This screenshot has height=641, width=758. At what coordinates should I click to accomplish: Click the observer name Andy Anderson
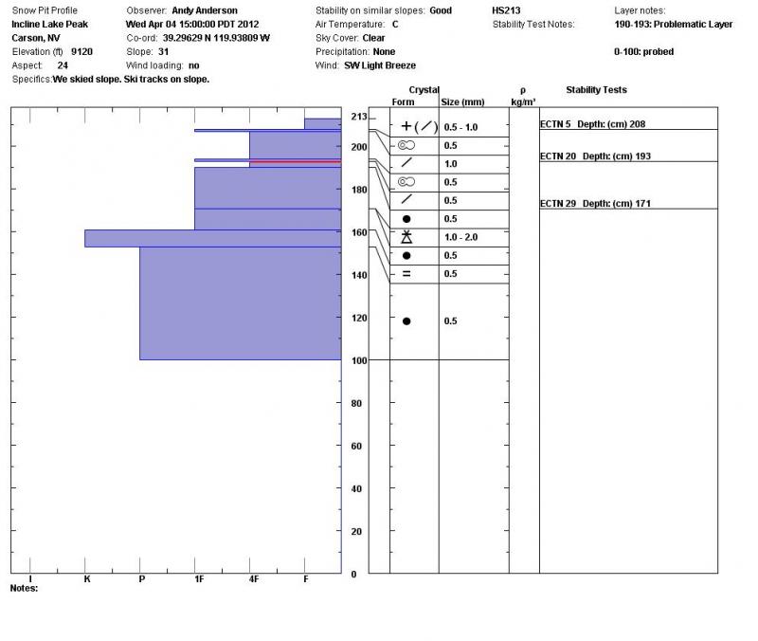(205, 10)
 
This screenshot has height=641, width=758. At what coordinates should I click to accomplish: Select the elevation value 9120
(82, 51)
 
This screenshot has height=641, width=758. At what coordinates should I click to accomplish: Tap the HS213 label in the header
(505, 10)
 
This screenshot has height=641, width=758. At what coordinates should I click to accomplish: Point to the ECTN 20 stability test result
(595, 156)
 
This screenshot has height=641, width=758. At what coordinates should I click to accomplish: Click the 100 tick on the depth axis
(359, 360)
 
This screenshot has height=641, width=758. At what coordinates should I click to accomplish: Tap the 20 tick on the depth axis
(357, 532)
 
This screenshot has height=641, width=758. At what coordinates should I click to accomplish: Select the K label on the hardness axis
(86, 578)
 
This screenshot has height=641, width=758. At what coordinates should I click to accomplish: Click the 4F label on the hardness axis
(253, 578)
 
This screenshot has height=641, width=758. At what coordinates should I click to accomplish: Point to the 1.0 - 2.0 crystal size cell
(460, 237)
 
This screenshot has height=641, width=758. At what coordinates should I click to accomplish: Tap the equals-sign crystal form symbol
(406, 274)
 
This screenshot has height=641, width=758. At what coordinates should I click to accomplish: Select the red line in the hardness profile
(294, 162)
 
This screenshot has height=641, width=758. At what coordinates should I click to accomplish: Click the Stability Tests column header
(596, 90)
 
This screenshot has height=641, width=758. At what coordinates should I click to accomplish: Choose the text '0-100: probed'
(643, 51)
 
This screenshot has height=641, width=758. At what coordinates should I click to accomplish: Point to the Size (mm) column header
(462, 101)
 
